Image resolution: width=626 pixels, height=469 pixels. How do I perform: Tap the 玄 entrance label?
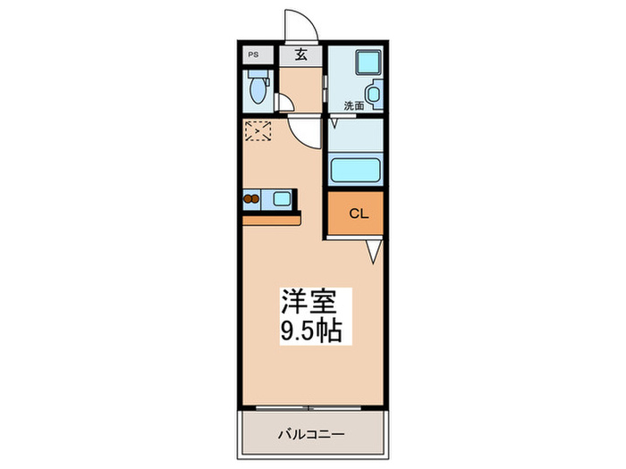coord(301,54)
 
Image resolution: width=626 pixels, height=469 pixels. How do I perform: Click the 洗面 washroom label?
coord(354,106)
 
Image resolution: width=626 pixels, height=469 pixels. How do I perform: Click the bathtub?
coord(355,170)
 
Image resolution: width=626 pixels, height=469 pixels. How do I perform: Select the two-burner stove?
coord(252,199)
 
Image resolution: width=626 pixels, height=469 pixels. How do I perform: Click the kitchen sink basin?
coord(281,199)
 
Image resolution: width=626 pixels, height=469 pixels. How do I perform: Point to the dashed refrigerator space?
coord(258,130)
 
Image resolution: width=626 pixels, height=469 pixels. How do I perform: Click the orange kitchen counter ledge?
coord(271,217)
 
